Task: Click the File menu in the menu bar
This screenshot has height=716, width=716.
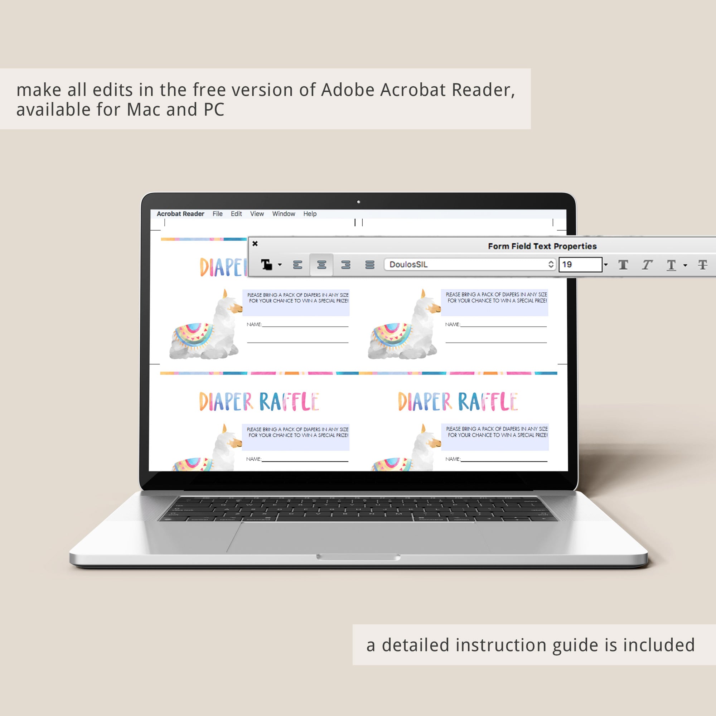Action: [218, 214]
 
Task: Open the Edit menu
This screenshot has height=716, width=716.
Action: [236, 214]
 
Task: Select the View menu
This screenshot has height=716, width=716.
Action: [257, 214]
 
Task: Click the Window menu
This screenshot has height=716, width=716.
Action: [284, 214]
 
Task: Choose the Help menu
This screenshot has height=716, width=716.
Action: [310, 214]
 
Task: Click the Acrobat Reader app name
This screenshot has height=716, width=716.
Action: [180, 214]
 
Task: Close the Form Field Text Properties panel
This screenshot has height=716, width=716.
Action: [255, 243]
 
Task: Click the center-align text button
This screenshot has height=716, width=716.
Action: [322, 265]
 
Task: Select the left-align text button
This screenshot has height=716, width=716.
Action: [297, 265]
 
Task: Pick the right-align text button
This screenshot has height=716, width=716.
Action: [346, 265]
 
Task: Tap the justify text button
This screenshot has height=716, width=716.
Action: [370, 265]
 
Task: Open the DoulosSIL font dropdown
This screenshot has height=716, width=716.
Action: [470, 265]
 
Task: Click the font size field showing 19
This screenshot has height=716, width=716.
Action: [580, 265]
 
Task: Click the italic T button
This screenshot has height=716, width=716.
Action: [647, 265]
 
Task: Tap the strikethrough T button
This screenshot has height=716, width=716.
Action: [703, 265]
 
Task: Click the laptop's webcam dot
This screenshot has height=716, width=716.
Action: [358, 202]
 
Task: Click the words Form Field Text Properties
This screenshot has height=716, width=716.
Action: [542, 246]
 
